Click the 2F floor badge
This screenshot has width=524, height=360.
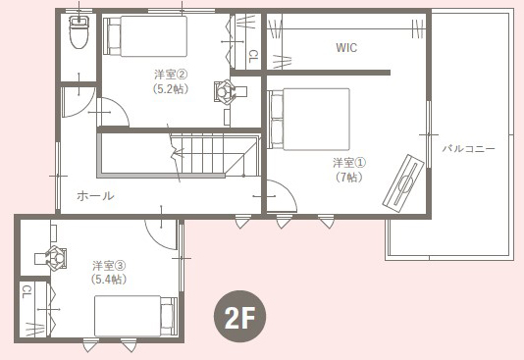240,316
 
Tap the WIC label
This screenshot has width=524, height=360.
346,48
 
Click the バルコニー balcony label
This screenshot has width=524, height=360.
468,148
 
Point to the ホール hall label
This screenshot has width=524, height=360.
95,196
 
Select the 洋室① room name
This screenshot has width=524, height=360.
349,163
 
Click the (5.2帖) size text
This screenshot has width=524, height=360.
171,89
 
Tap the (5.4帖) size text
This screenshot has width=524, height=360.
109,280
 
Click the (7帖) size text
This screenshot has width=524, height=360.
349,178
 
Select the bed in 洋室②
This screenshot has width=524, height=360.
145,36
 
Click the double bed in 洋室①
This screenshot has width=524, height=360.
309,119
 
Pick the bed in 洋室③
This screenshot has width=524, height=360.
135,316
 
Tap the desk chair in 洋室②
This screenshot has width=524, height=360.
224,91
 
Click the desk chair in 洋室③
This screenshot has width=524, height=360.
56,258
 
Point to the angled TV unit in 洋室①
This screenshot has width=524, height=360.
403,183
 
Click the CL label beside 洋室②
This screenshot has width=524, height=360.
253,57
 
